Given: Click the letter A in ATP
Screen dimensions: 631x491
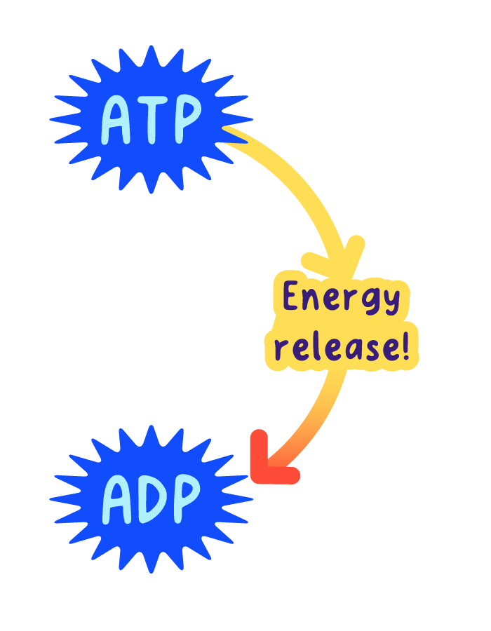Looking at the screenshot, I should [x=117, y=120].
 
